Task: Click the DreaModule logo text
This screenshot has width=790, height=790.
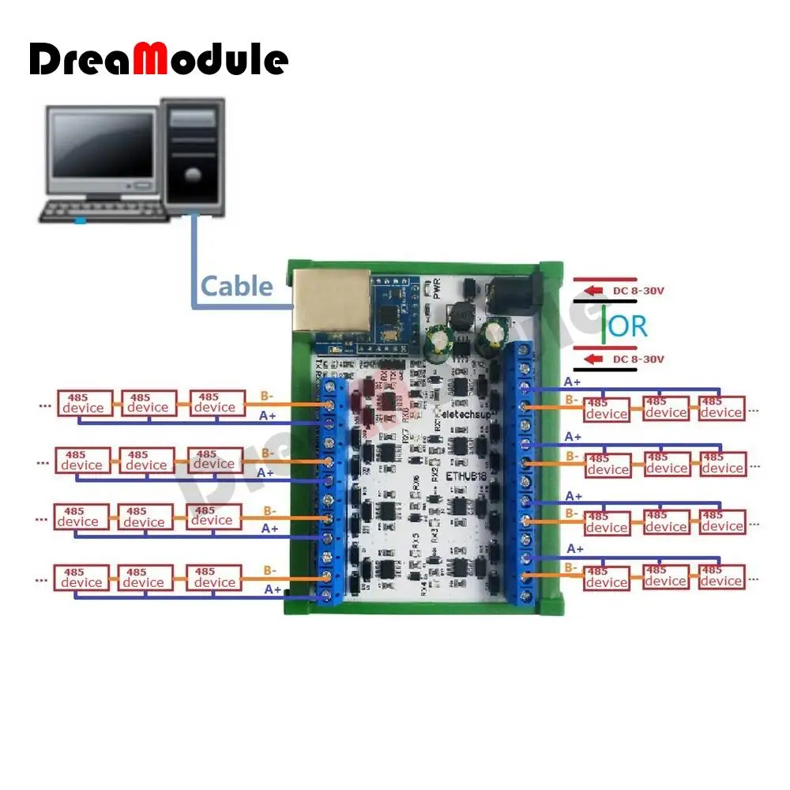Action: coord(159,59)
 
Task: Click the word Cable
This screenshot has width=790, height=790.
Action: coord(237,285)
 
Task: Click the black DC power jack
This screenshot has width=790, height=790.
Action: coord(514,295)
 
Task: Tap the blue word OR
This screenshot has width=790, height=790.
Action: coord(628,325)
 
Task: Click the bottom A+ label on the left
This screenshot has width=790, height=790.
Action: coord(273,589)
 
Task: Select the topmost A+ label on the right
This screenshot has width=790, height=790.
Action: coord(573,381)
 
